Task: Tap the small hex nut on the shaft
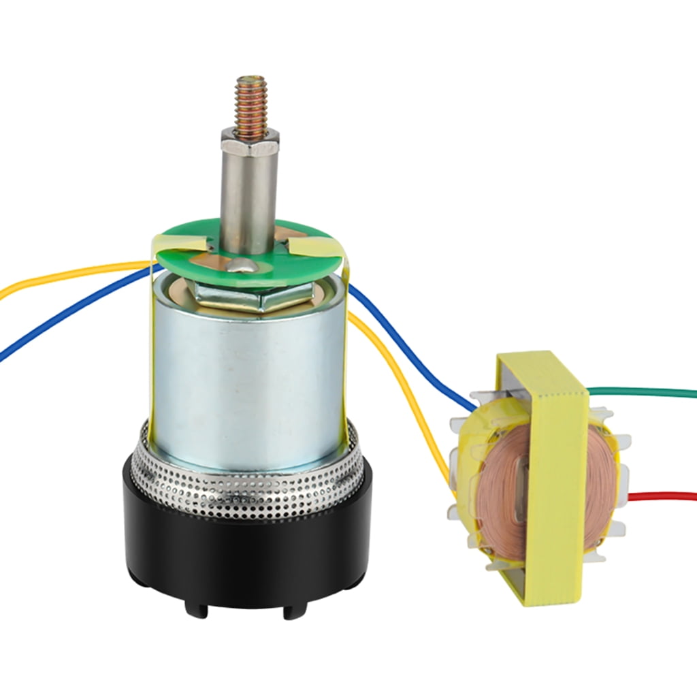[x=250, y=141]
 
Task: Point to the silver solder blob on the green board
[x=242, y=265]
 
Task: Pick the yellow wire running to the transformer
[x=408, y=395]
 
